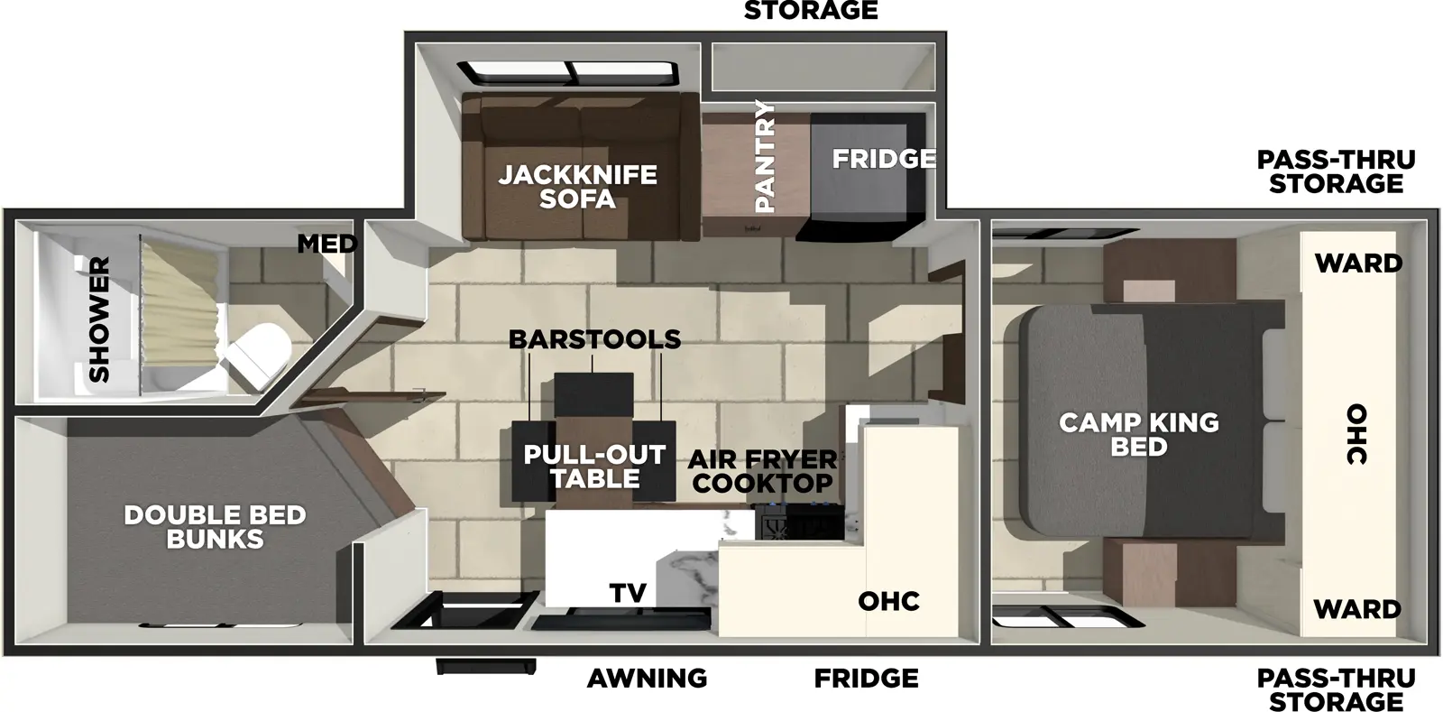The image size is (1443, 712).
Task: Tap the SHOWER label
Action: [98, 319]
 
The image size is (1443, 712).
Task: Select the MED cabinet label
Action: [326, 244]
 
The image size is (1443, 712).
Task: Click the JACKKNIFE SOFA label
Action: [577, 187]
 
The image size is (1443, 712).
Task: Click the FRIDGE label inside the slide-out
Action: [883, 159]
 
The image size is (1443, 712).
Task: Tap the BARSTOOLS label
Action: [594, 339]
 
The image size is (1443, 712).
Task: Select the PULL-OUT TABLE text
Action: [594, 467]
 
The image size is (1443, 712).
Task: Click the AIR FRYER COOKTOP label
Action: [763, 470]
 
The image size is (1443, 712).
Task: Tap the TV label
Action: [628, 593]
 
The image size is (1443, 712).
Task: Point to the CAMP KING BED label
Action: [1138, 434]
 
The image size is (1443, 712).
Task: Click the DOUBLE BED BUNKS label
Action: [215, 527]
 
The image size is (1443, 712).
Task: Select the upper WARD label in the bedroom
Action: [1357, 264]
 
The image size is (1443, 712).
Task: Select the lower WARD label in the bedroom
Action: [1356, 609]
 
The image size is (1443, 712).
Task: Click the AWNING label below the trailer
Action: [647, 678]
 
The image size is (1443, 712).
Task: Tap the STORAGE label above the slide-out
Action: [810, 11]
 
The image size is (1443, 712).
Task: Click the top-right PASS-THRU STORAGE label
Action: [1336, 171]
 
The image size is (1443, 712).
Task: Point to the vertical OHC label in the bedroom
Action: [1356, 434]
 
